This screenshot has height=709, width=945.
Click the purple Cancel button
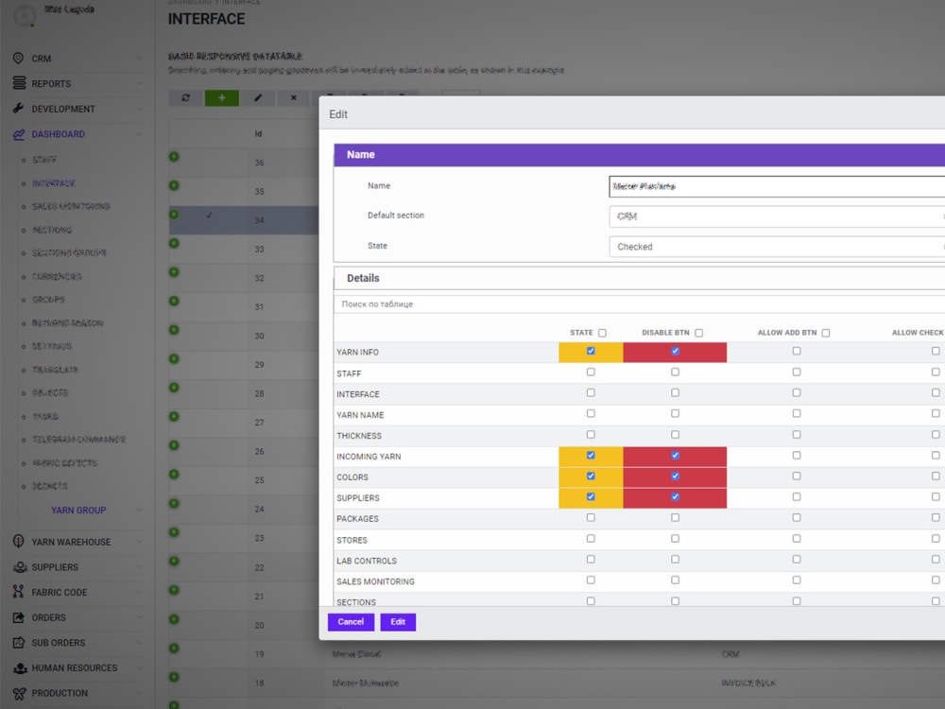[x=351, y=622]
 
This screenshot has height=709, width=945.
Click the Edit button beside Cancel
[x=398, y=622]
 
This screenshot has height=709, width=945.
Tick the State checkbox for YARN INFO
[x=591, y=351]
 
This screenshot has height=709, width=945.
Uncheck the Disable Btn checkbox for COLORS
[x=675, y=476]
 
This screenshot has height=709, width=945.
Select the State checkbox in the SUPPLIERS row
[x=591, y=497]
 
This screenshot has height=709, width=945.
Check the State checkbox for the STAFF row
[x=591, y=372]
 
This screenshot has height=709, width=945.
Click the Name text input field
[x=775, y=186]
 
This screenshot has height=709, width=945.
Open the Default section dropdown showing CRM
[x=775, y=216]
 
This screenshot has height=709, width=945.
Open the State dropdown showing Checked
[x=775, y=247]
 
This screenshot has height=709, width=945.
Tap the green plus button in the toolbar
[x=222, y=97]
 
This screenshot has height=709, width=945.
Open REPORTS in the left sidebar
[x=51, y=83]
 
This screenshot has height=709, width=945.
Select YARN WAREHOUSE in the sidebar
[x=71, y=542]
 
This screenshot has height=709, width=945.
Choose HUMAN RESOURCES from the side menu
[x=74, y=667]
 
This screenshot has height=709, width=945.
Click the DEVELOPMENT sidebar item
[x=63, y=109]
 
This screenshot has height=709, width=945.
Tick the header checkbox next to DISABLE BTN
[x=699, y=333]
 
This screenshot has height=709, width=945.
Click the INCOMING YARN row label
[x=369, y=457]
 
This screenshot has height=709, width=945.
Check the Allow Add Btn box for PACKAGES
[x=797, y=518]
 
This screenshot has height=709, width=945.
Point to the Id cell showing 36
[x=260, y=163]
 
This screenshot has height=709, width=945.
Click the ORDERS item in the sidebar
[x=49, y=617]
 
